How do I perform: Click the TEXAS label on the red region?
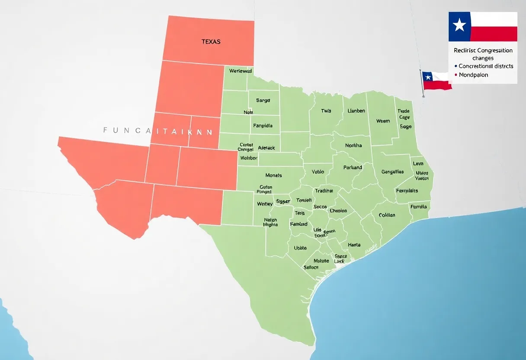pos(211,42)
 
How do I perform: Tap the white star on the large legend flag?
pos(459,26)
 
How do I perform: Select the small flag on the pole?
pos(437,80)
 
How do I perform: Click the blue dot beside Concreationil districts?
pos(456,66)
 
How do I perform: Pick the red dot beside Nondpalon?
pos(456,75)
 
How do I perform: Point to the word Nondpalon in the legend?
pos(473,75)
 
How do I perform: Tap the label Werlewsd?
pos(241,71)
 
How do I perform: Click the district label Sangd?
pos(263,100)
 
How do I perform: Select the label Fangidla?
pos(263,126)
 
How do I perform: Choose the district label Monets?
pos(273,175)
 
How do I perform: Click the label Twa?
pos(326,111)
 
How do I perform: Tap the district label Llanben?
pos(356,111)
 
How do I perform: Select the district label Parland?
pos(353,167)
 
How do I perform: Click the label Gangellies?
pos(392,172)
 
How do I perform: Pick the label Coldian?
pos(387,215)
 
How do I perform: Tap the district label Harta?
pos(354,245)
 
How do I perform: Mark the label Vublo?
pos(318,172)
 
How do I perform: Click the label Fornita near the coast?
pos(418,207)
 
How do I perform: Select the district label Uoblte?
pos(300,248)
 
